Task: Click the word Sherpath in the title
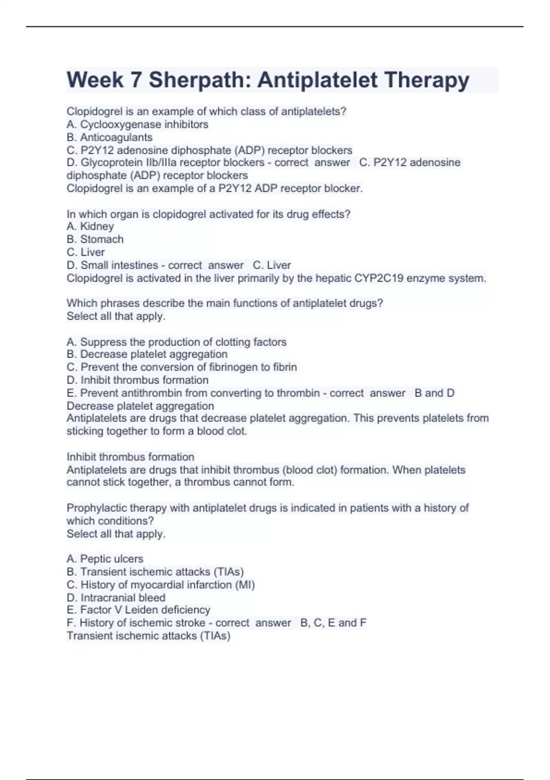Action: pos(198,80)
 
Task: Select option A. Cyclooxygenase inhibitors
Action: pos(137,124)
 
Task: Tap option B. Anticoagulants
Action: pos(110,137)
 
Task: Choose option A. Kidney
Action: pos(90,226)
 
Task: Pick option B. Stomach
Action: pos(95,239)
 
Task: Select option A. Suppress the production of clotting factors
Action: pos(176,342)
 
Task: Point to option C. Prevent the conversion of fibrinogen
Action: pos(182,367)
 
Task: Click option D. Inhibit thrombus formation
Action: pos(137,380)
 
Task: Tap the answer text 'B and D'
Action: pos(434,393)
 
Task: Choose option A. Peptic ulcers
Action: pos(105,559)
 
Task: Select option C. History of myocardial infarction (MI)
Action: pos(161,585)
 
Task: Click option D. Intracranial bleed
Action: pos(116,597)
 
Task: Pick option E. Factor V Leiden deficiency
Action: pos(138,610)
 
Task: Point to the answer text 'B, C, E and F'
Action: pos(333,623)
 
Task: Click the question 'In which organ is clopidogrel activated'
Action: pos(209,214)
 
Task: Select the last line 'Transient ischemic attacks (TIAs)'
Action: pos(148,635)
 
